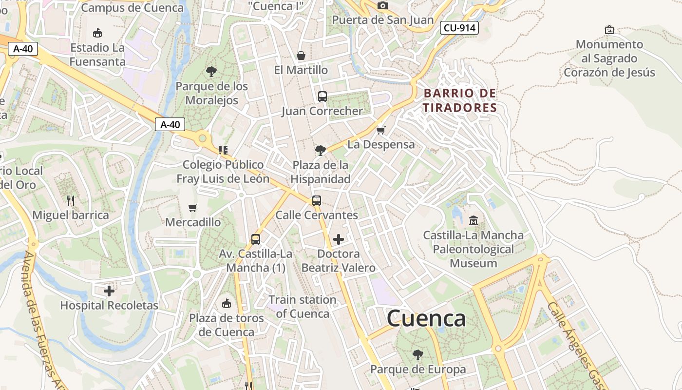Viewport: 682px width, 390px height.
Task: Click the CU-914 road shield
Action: [x=459, y=28]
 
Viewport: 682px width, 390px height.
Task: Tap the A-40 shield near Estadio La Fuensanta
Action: [x=23, y=49]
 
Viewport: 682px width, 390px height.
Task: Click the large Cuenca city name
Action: [x=426, y=318]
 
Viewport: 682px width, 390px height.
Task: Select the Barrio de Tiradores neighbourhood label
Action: [x=459, y=100]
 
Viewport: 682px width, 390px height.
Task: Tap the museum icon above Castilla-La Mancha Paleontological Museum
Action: [x=473, y=221]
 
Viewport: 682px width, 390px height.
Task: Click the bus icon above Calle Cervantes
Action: [x=317, y=200]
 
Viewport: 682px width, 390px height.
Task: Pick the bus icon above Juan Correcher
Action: [x=322, y=96]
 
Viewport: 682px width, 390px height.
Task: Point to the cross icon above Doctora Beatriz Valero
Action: [x=338, y=239]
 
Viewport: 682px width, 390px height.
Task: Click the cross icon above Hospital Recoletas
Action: [x=109, y=291]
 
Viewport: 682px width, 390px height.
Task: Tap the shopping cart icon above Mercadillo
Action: [x=193, y=208]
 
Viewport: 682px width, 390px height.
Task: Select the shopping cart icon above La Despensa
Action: [x=381, y=130]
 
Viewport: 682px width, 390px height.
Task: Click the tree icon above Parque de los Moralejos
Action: [x=211, y=72]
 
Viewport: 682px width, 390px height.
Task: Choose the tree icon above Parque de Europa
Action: [x=417, y=355]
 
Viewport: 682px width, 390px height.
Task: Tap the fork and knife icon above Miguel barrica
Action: [x=71, y=200]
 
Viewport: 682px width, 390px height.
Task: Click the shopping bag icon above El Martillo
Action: [x=301, y=56]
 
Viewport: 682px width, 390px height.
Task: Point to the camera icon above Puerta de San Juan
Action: [x=383, y=5]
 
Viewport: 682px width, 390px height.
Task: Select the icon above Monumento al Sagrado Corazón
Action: [x=609, y=30]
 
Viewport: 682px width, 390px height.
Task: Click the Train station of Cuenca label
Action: [x=303, y=307]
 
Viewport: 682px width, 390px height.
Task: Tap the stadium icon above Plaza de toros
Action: [x=226, y=304]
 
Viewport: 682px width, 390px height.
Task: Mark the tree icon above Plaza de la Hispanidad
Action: [x=320, y=150]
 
